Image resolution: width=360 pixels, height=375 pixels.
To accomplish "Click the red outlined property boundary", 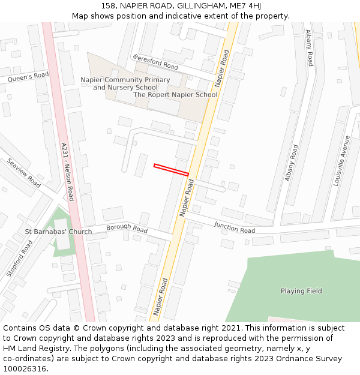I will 172,170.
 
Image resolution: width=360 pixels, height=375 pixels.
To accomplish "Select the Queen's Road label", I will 28,76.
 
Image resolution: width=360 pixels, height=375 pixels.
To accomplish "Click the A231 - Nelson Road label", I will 67,172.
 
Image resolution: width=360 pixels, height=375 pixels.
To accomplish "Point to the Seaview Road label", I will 23,173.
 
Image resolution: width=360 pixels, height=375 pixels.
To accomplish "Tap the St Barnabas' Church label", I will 58,232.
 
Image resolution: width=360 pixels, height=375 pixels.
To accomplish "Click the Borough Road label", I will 127,229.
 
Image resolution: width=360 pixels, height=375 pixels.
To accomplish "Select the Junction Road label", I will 234,227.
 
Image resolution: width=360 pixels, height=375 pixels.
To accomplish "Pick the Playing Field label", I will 301,291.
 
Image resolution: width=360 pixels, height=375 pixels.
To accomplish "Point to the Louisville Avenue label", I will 341,160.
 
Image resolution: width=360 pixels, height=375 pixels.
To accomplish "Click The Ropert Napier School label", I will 175,95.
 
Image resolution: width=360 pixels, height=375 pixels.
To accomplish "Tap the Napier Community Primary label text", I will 125,80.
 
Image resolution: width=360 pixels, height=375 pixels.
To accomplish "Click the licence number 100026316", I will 25,368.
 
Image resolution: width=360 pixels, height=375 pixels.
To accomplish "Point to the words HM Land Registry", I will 32,348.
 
